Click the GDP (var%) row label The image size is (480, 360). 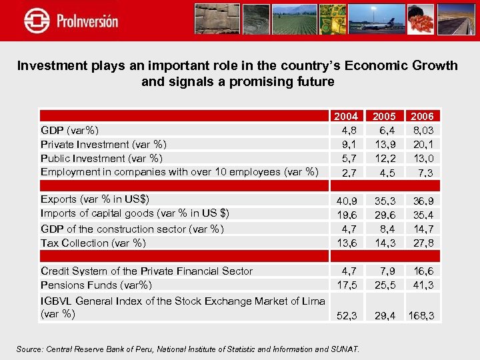click(x=70, y=130)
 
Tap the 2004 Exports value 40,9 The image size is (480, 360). click(x=346, y=199)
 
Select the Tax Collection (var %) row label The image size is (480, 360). click(x=93, y=243)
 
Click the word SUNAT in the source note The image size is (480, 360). click(x=344, y=349)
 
